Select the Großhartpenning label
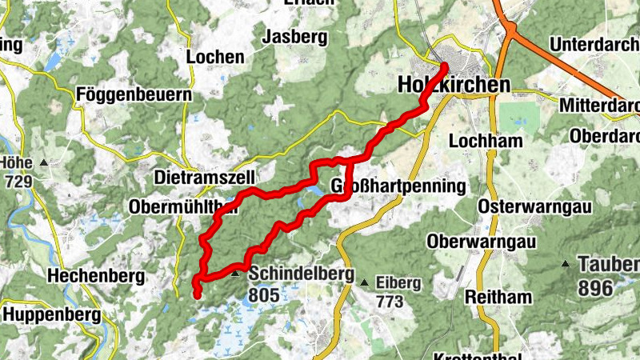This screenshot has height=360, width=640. click(398, 187)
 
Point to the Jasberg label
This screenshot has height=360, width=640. click(296, 37)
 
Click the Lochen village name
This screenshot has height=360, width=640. click(215, 57)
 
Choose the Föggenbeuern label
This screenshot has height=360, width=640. click(135, 95)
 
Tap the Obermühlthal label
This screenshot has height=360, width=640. click(182, 208)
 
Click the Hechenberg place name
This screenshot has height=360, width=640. click(96, 277)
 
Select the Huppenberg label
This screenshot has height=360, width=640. click(52, 314)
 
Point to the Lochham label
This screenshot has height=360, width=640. click(486, 141)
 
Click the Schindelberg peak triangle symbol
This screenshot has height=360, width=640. click(235, 274)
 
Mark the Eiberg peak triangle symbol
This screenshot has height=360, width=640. click(365, 282)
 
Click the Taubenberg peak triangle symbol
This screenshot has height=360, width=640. click(566, 264)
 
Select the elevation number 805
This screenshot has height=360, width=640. click(264, 295)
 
